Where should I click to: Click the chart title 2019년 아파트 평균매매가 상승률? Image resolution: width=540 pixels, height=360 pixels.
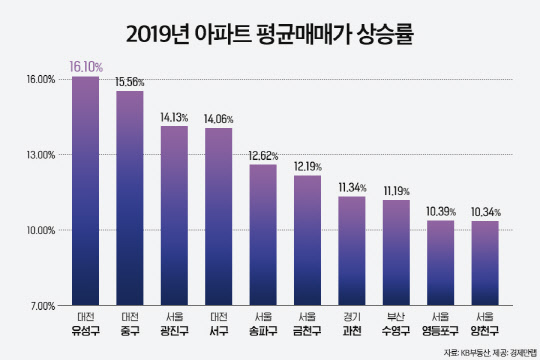(x=270, y=34)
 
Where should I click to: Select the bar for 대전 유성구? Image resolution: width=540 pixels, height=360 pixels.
(x=85, y=190)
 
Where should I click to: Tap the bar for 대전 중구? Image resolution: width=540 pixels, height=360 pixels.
(x=130, y=198)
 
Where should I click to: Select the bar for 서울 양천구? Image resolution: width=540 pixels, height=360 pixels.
(x=484, y=262)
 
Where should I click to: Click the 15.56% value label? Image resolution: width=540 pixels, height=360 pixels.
(x=131, y=81)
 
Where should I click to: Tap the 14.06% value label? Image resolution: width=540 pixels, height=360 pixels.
(x=219, y=118)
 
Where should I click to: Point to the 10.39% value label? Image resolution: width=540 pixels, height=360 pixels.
(x=441, y=211)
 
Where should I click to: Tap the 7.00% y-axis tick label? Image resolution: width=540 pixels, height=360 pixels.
(x=41, y=305)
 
